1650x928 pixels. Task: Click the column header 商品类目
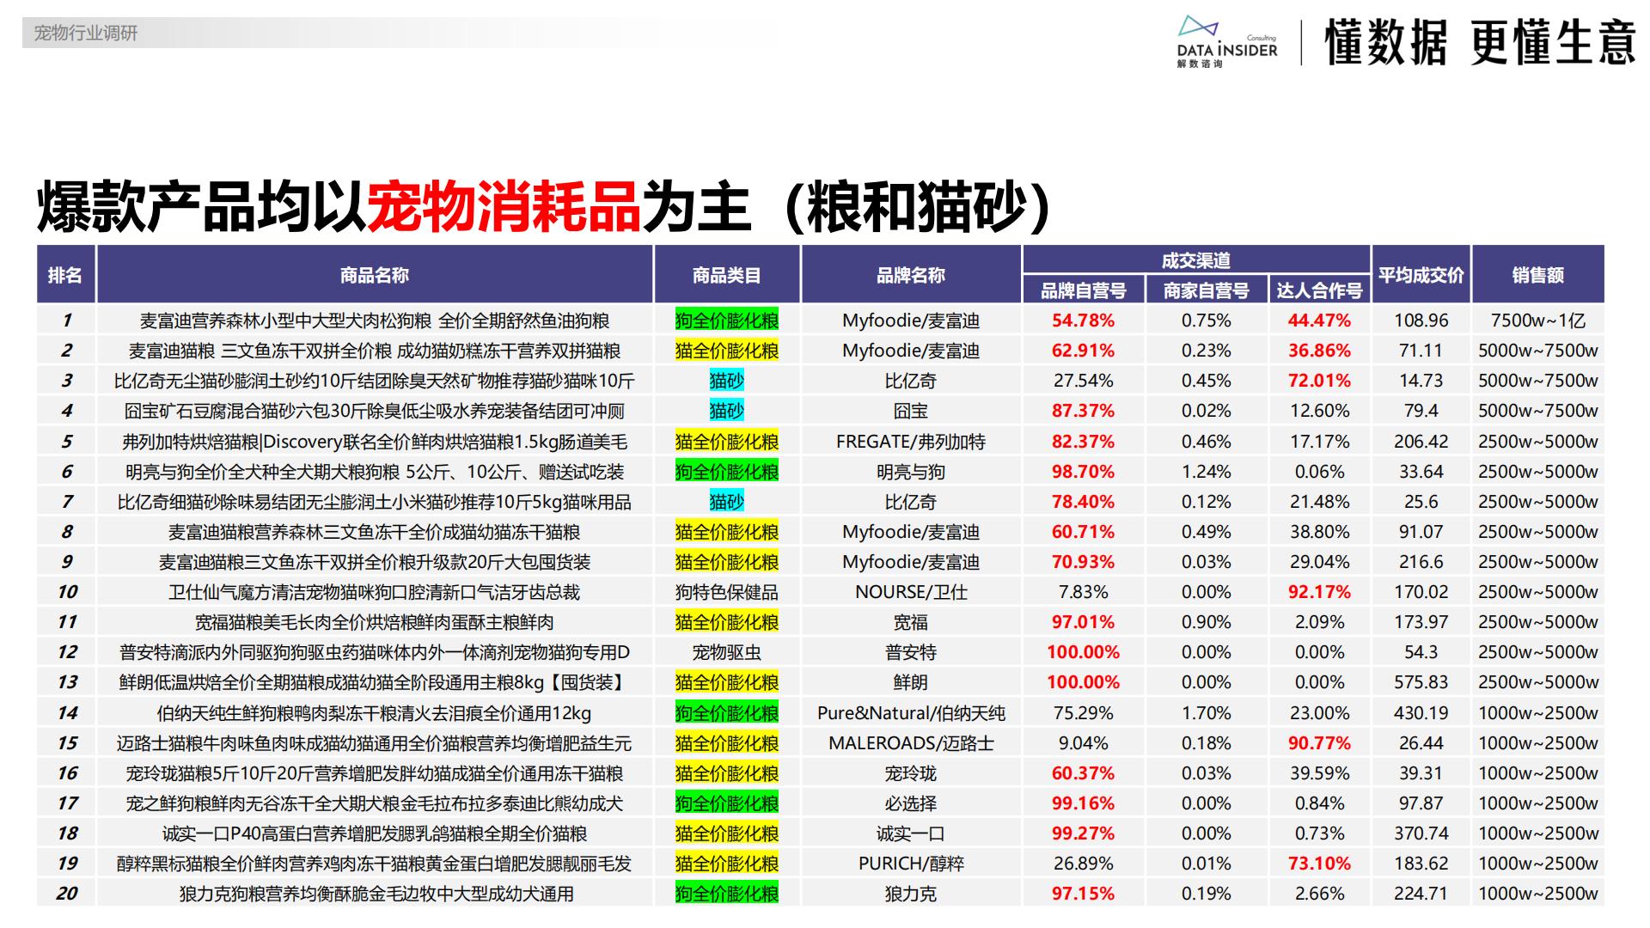(726, 275)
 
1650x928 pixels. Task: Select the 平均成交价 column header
(1421, 275)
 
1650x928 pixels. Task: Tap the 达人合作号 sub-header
(1319, 290)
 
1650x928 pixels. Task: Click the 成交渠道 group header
(1195, 260)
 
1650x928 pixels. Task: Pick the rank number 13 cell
(67, 682)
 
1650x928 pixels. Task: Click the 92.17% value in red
(1319, 592)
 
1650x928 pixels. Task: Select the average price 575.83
(1421, 682)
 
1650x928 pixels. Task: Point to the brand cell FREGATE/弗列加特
(910, 442)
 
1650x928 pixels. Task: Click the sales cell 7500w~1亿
(1537, 321)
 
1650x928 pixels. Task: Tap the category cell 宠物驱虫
(726, 652)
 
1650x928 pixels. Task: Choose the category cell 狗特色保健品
(726, 592)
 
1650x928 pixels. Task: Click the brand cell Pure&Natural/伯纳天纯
(910, 713)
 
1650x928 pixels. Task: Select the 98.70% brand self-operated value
(1083, 472)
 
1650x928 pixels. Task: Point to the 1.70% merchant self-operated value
(1206, 713)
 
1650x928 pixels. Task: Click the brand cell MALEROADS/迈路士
(910, 743)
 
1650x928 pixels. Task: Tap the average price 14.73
(1421, 381)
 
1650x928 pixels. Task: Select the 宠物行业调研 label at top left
(85, 34)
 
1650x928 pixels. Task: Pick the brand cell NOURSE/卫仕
(910, 592)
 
